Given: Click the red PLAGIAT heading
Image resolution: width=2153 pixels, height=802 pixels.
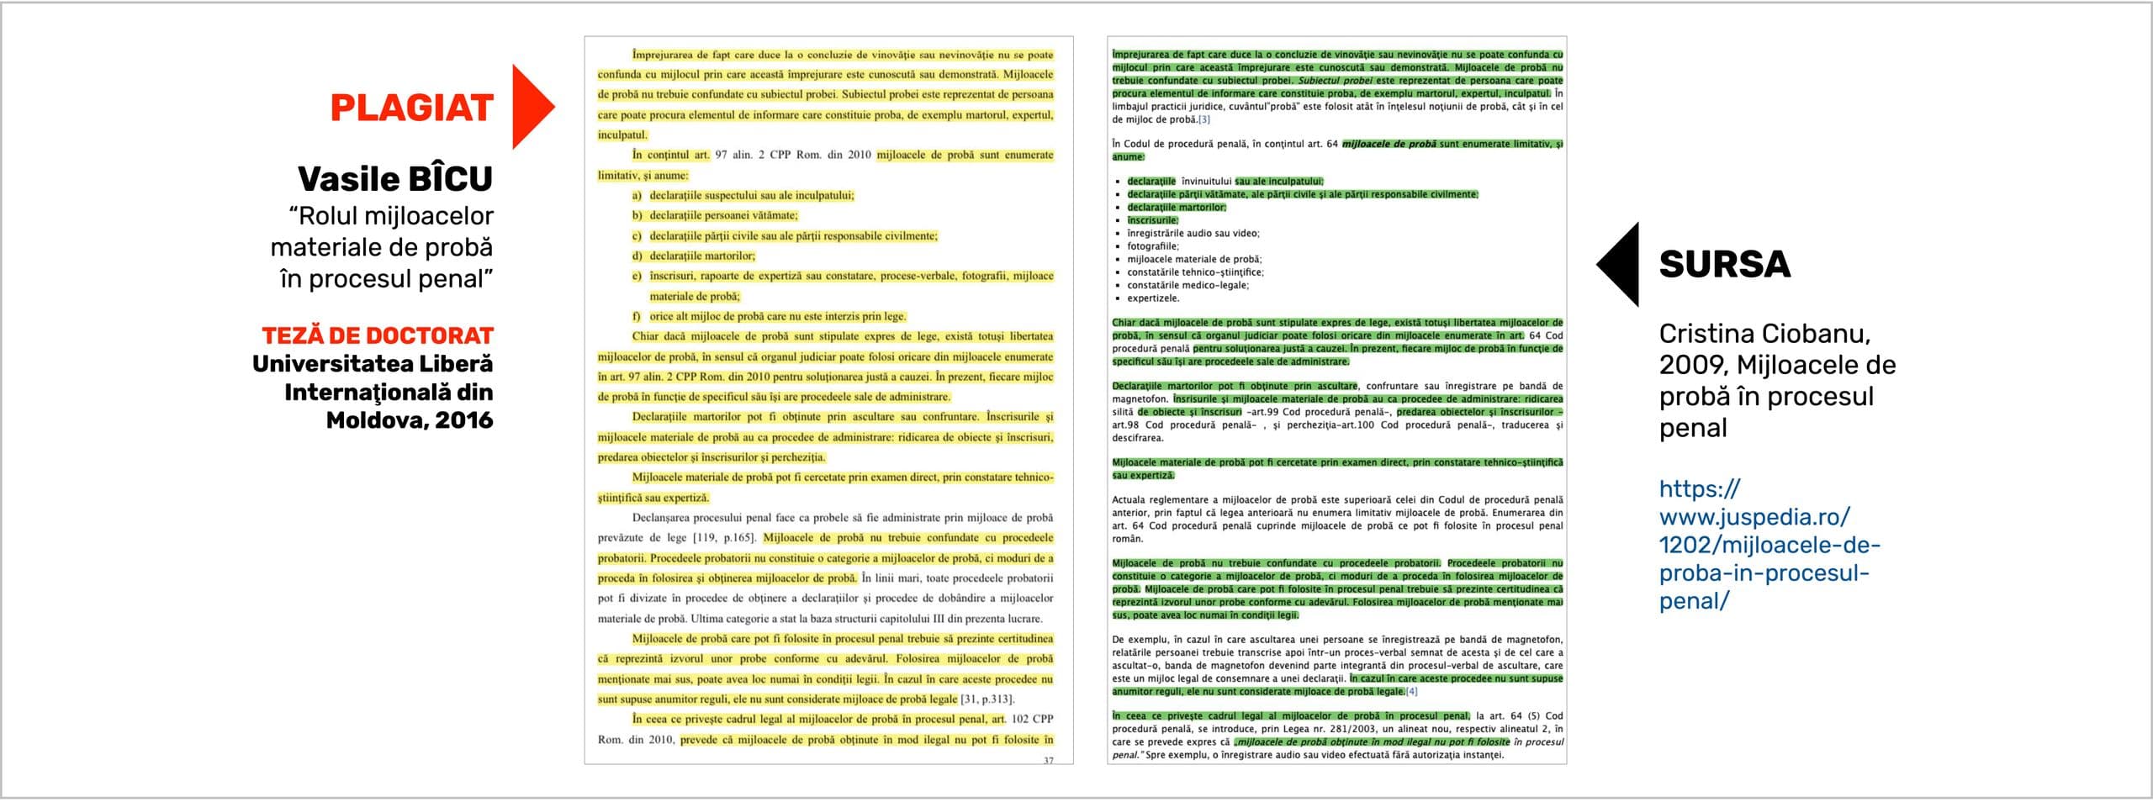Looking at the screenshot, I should (411, 108).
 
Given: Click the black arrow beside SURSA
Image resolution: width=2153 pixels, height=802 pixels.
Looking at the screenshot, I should (1618, 264).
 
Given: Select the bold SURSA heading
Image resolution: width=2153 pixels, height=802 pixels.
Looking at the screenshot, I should (1724, 265).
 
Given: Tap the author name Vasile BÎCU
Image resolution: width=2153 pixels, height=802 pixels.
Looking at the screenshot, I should (394, 179).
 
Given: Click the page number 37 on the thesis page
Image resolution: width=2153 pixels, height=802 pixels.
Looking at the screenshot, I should (1048, 760).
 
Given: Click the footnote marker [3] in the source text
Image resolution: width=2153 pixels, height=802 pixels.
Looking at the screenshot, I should (1203, 119).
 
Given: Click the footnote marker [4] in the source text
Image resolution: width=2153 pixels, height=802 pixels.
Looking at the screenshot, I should (1411, 692).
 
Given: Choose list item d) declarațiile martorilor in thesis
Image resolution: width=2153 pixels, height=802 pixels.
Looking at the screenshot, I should (701, 256).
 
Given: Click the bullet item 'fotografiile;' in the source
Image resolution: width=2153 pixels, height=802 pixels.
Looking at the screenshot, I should (1153, 246).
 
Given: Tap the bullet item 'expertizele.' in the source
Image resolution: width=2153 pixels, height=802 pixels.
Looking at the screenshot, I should (1153, 298).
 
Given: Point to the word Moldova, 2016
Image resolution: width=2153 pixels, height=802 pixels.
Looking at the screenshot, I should (409, 420).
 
